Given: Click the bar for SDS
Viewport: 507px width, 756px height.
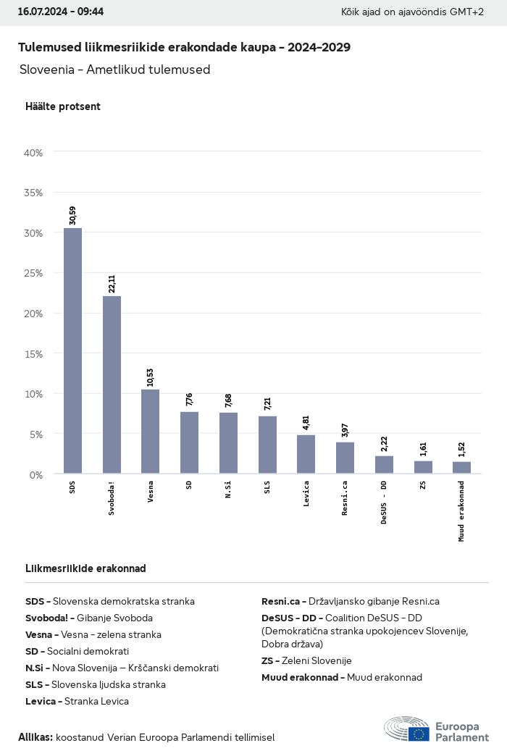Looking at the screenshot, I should coord(72,350).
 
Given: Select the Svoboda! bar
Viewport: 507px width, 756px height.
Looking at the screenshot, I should coord(112,385).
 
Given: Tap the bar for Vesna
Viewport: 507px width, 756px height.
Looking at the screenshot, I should coord(150,432).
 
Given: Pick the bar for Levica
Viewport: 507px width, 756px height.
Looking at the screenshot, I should coord(306,454).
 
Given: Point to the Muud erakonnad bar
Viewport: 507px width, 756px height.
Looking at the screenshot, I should coord(461,468).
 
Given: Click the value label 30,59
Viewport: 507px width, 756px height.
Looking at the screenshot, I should coord(72,216).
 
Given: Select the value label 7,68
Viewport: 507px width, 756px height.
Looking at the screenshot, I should coord(228,400).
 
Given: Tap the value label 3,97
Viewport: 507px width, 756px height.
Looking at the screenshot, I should coord(345,430).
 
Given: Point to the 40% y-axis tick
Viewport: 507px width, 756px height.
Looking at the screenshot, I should coord(34,153).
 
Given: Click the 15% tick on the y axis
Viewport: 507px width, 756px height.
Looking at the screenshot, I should coord(34,353).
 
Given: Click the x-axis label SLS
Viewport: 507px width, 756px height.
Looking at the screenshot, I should coord(267,486).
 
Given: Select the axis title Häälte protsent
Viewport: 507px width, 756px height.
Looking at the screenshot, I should coord(63,106).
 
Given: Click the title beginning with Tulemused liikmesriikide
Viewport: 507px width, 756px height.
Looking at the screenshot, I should coord(184,48).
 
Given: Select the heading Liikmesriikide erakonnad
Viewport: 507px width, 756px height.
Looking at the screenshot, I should coord(85,568).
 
